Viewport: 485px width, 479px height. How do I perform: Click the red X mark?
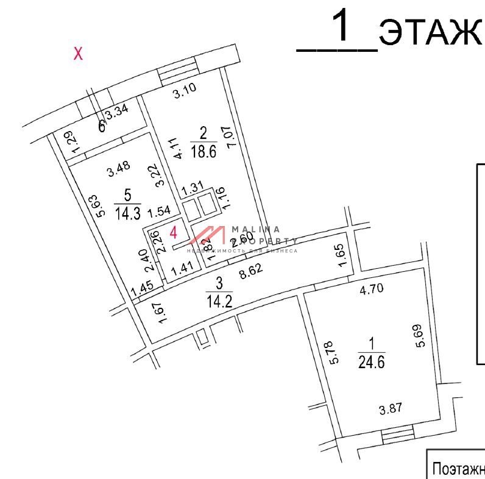coord(78,54)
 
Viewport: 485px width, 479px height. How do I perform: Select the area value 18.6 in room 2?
coord(204,152)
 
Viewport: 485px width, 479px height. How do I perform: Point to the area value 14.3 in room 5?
coord(127,213)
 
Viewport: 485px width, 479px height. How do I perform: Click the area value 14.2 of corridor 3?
coord(220,300)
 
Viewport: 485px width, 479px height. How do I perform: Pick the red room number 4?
coord(174,233)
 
